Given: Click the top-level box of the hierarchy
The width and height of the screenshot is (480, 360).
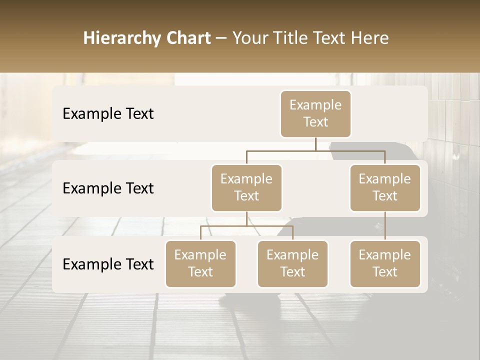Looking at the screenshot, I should pyautogui.click(x=315, y=114).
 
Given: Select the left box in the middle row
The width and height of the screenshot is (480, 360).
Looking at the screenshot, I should pyautogui.click(x=246, y=188).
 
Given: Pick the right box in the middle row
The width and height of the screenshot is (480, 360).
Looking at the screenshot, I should pyautogui.click(x=385, y=188).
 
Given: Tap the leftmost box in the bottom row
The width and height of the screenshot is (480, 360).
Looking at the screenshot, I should pyautogui.click(x=200, y=264).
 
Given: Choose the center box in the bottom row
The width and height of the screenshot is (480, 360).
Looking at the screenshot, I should pyautogui.click(x=292, y=264).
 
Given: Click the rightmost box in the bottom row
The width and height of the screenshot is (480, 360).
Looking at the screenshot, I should pyautogui.click(x=385, y=264).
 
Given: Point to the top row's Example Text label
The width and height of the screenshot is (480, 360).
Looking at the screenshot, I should pyautogui.click(x=108, y=114).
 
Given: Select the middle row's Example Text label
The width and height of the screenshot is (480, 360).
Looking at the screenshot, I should pyautogui.click(x=108, y=188).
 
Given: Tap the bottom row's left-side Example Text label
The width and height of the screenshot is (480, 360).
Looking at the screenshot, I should pyautogui.click(x=108, y=264).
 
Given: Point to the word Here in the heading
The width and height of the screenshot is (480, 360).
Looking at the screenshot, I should pyautogui.click(x=370, y=38).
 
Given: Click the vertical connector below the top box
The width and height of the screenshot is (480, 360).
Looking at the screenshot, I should pyautogui.click(x=315, y=144).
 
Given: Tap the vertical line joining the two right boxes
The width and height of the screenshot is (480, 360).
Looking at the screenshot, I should pyautogui.click(x=385, y=226).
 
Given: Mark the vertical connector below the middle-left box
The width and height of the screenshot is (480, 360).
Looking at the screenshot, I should pyautogui.click(x=246, y=218).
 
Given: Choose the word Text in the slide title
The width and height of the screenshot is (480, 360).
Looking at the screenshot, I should pyautogui.click(x=329, y=38).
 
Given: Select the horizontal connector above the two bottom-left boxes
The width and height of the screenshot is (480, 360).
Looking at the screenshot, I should pyautogui.click(x=246, y=226).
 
